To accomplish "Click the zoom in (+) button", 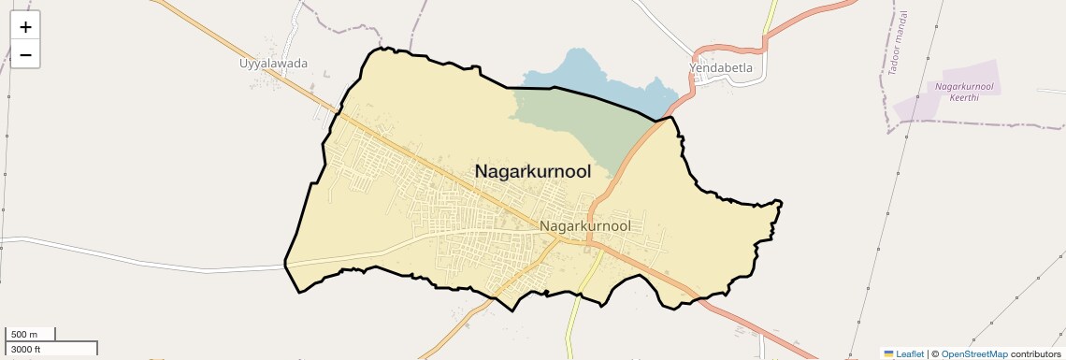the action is (25, 27).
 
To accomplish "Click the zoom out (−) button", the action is (25, 55).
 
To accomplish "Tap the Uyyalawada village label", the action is (273, 65).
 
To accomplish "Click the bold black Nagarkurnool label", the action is (533, 171).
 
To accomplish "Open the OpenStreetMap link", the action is (973, 353).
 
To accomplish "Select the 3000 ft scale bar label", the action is (26, 349).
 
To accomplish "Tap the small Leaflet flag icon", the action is (888, 353).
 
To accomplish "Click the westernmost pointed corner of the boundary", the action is (285, 265).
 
